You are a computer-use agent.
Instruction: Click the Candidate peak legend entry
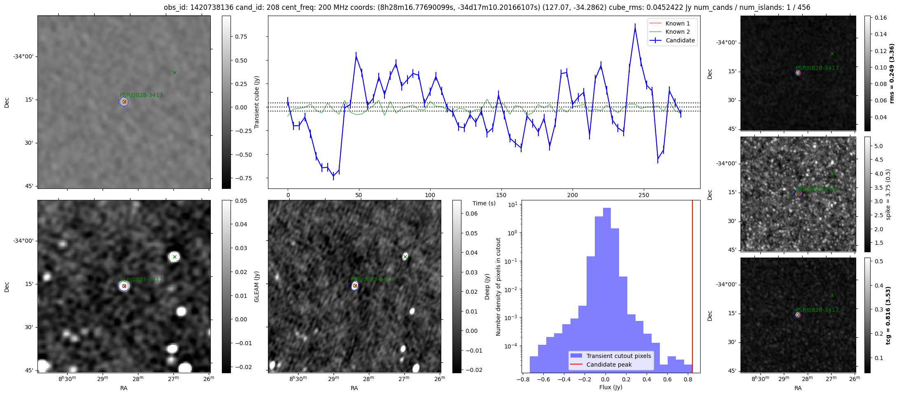pos(609,365)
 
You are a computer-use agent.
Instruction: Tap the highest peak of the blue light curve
pos(635,29)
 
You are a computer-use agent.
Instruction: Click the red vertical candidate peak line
pos(692,288)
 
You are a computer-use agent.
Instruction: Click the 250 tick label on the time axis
pos(644,195)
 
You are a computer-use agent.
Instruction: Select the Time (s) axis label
pos(484,203)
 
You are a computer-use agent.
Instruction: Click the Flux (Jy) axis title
pos(611,387)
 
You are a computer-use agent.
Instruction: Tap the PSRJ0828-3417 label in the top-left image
pos(141,95)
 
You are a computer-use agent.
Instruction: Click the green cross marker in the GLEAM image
pos(175,257)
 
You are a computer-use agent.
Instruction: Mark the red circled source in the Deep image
pos(355,286)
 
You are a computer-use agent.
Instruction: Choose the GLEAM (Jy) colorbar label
pos(257,286)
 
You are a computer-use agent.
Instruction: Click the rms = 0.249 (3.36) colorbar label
pos(892,73)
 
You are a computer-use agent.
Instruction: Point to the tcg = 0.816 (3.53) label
pos(888,316)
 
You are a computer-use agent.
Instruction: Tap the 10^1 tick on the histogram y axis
pos(512,204)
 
